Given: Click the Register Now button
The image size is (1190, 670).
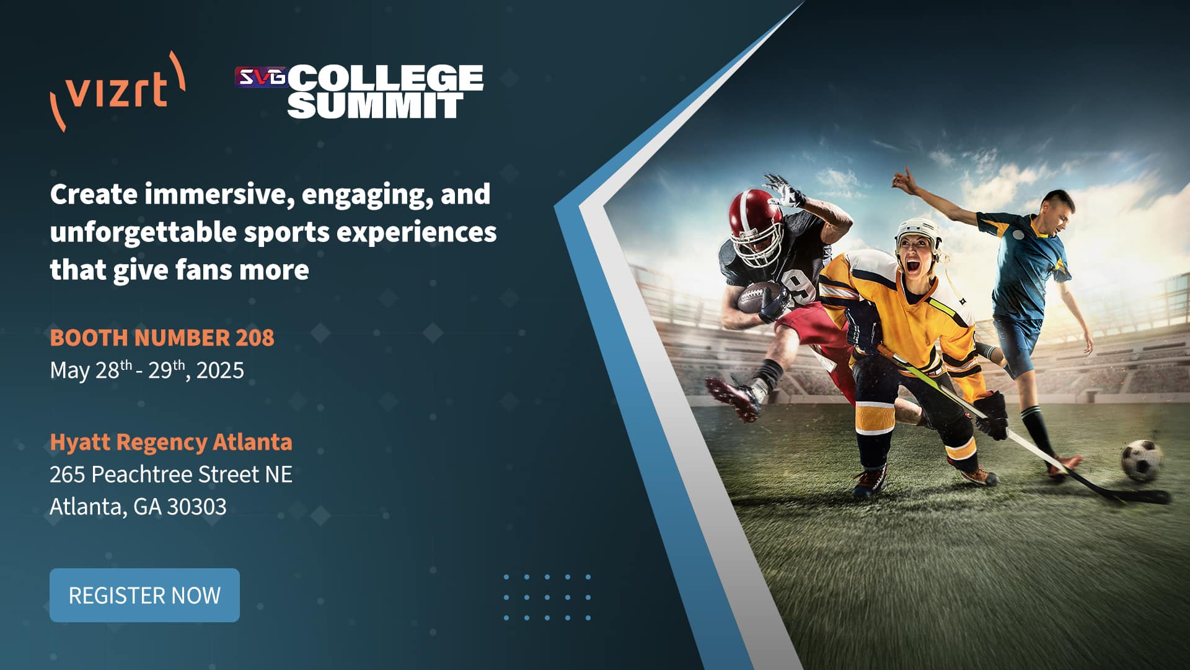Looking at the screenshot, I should (x=144, y=595).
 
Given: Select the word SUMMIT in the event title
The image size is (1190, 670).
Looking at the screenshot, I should (x=376, y=105).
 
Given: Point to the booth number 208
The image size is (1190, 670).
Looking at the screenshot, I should (x=255, y=337).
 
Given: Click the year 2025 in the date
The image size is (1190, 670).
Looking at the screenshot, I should (x=220, y=370).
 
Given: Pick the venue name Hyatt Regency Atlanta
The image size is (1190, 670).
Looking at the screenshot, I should (x=171, y=442).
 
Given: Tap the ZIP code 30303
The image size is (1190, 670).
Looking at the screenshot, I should (x=196, y=506).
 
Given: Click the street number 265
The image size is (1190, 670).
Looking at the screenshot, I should (x=67, y=475).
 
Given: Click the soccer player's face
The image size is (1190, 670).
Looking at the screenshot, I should (x=1058, y=214).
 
